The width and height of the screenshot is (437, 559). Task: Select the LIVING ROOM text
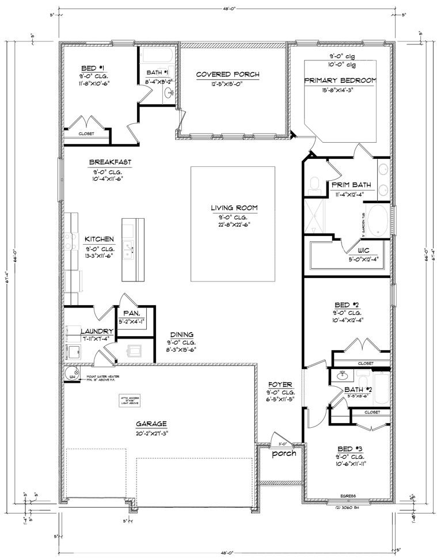(x=233, y=208)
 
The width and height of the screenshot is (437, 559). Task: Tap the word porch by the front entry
(x=284, y=453)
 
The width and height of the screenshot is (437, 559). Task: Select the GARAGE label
(x=151, y=423)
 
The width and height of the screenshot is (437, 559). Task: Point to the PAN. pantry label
(x=129, y=313)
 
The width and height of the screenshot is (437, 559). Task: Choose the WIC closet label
(x=362, y=250)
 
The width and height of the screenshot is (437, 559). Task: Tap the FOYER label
(x=280, y=384)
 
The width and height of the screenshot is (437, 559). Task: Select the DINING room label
(x=181, y=334)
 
